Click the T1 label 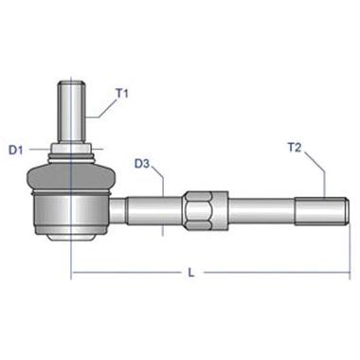(x=121, y=93)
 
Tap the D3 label (x=143, y=163)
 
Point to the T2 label (x=295, y=148)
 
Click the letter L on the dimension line (x=191, y=273)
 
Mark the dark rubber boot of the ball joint (x=72, y=176)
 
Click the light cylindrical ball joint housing (x=72, y=210)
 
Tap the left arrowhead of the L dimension (x=76, y=274)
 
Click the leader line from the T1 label (x=102, y=107)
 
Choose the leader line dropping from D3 (x=166, y=189)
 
